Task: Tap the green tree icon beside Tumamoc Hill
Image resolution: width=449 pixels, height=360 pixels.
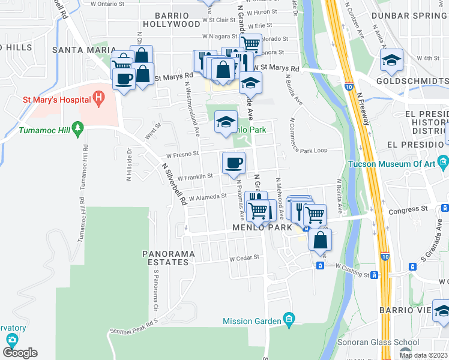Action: (77, 128)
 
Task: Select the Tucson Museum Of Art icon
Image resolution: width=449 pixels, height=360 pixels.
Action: (444, 161)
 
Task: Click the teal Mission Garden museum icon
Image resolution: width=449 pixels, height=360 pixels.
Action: (289, 317)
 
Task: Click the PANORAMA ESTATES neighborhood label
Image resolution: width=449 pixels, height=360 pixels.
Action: (168, 258)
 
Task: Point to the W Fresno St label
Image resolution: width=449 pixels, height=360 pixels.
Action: (182, 154)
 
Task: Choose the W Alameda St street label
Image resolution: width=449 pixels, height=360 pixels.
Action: (207, 196)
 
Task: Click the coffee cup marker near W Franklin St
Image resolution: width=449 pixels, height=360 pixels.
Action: (234, 161)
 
